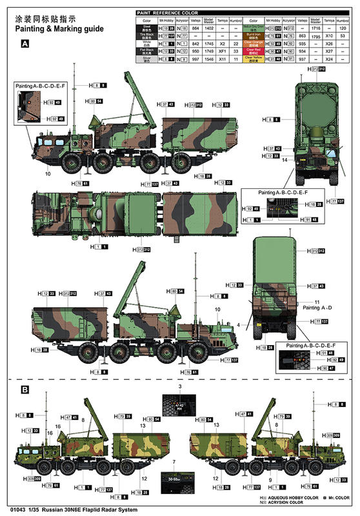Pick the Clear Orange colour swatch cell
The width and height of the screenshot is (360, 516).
coord(254,43)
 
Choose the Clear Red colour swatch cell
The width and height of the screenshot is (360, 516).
coord(254,50)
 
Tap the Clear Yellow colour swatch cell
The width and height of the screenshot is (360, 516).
coord(254,58)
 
